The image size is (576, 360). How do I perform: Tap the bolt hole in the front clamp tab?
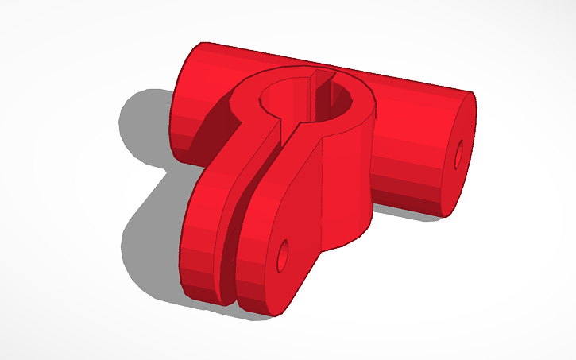281,256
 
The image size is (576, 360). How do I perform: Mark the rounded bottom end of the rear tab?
203,286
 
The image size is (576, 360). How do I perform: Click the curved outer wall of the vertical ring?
350,183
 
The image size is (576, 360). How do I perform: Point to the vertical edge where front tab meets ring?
321,199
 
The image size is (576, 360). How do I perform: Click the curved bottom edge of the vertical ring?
350,238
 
